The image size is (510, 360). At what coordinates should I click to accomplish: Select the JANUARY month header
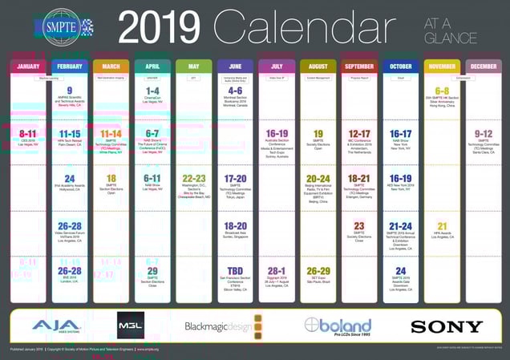pyautogui.click(x=28, y=67)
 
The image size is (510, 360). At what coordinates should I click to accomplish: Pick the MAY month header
pyautogui.click(x=194, y=67)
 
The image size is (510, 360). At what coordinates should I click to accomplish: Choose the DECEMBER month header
pyautogui.click(x=484, y=67)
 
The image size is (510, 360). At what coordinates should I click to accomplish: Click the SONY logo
pyautogui.click(x=446, y=326)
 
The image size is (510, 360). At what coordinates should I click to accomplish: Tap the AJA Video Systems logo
pyautogui.click(x=55, y=326)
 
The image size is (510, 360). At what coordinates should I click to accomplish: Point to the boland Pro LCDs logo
pyautogui.click(x=338, y=326)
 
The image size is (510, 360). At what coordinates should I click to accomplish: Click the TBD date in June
pyautogui.click(x=235, y=271)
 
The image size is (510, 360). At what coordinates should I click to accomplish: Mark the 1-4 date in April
pyautogui.click(x=152, y=91)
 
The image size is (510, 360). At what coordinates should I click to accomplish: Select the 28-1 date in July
pyautogui.click(x=277, y=271)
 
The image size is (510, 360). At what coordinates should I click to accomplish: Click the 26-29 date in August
pyautogui.click(x=318, y=271)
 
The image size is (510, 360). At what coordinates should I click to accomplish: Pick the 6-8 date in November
pyautogui.click(x=442, y=91)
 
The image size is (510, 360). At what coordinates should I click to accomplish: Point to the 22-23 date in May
pyautogui.click(x=194, y=179)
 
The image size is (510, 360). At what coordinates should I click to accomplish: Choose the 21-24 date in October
pyautogui.click(x=400, y=226)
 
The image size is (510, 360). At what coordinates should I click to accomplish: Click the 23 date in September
pyautogui.click(x=359, y=226)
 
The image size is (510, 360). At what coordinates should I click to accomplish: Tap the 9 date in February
pyautogui.click(x=70, y=91)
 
